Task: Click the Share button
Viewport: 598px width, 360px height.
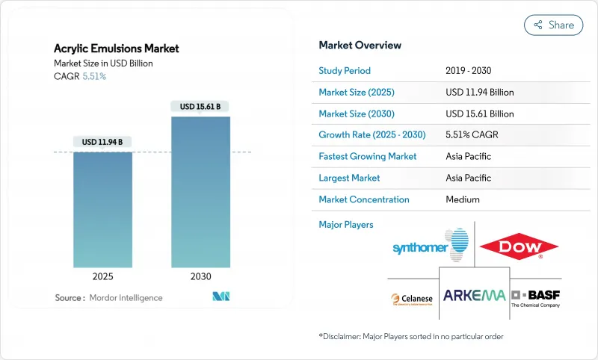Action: (x=554, y=25)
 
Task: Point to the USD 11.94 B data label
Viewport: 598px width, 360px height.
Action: (x=102, y=142)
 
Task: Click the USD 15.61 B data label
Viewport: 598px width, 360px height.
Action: (x=200, y=107)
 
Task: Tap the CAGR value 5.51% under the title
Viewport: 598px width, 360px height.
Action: (x=93, y=77)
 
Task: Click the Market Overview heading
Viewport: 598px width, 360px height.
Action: (x=360, y=46)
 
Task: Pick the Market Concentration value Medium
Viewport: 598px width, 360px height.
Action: (x=462, y=199)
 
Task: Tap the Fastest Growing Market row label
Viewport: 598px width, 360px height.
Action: (x=367, y=157)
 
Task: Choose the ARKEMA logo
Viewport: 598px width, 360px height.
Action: (x=474, y=295)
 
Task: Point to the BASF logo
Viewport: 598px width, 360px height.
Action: (x=535, y=297)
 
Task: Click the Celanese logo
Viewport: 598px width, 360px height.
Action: (x=411, y=299)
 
